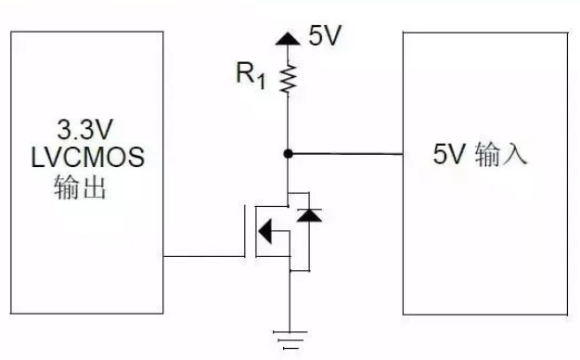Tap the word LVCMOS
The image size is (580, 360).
[86, 159]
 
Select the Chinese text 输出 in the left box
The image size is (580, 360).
[82, 188]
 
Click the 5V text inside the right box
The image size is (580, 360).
[447, 154]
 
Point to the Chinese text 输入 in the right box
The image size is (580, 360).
[502, 154]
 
